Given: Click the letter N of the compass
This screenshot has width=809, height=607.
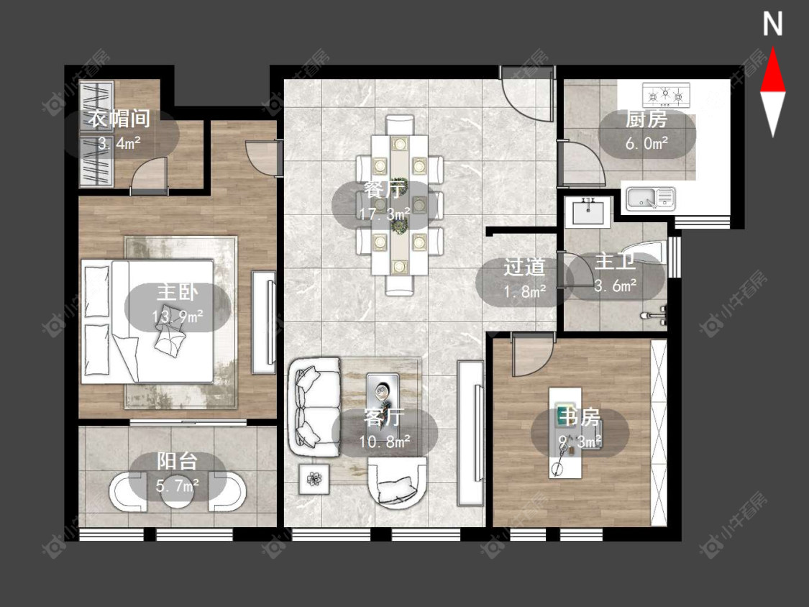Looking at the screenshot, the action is (x=772, y=24).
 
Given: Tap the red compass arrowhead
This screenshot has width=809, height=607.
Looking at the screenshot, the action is (x=772, y=70).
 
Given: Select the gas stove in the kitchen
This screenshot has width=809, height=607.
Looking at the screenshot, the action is (x=666, y=95).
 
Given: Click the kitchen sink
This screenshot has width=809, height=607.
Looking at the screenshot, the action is (x=650, y=199).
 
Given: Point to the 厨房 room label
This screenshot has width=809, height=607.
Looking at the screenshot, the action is (x=646, y=119).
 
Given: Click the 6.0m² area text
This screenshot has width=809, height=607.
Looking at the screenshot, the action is (x=646, y=142).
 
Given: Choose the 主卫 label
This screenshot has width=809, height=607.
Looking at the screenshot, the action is (x=615, y=262).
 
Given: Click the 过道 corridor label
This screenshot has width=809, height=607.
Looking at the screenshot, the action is (x=524, y=267).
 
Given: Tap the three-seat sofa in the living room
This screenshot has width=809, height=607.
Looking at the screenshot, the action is (x=314, y=407).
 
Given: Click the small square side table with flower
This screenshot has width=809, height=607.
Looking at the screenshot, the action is (x=314, y=480).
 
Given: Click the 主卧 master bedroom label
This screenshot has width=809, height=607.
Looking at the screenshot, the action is (x=178, y=292).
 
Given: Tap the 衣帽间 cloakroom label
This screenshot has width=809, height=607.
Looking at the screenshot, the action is (x=119, y=118).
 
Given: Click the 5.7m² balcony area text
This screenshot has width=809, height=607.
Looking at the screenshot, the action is (x=178, y=485).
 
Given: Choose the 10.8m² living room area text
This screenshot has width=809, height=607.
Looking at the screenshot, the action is (x=385, y=442).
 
